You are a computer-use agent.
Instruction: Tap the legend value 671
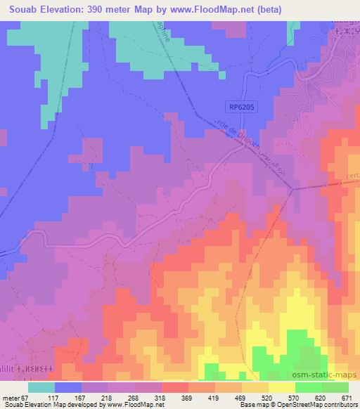pyautogui.click(x=348, y=398)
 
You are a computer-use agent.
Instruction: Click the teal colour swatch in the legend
pyautogui.click(x=41, y=387)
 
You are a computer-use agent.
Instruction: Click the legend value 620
pyautogui.click(x=321, y=398)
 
